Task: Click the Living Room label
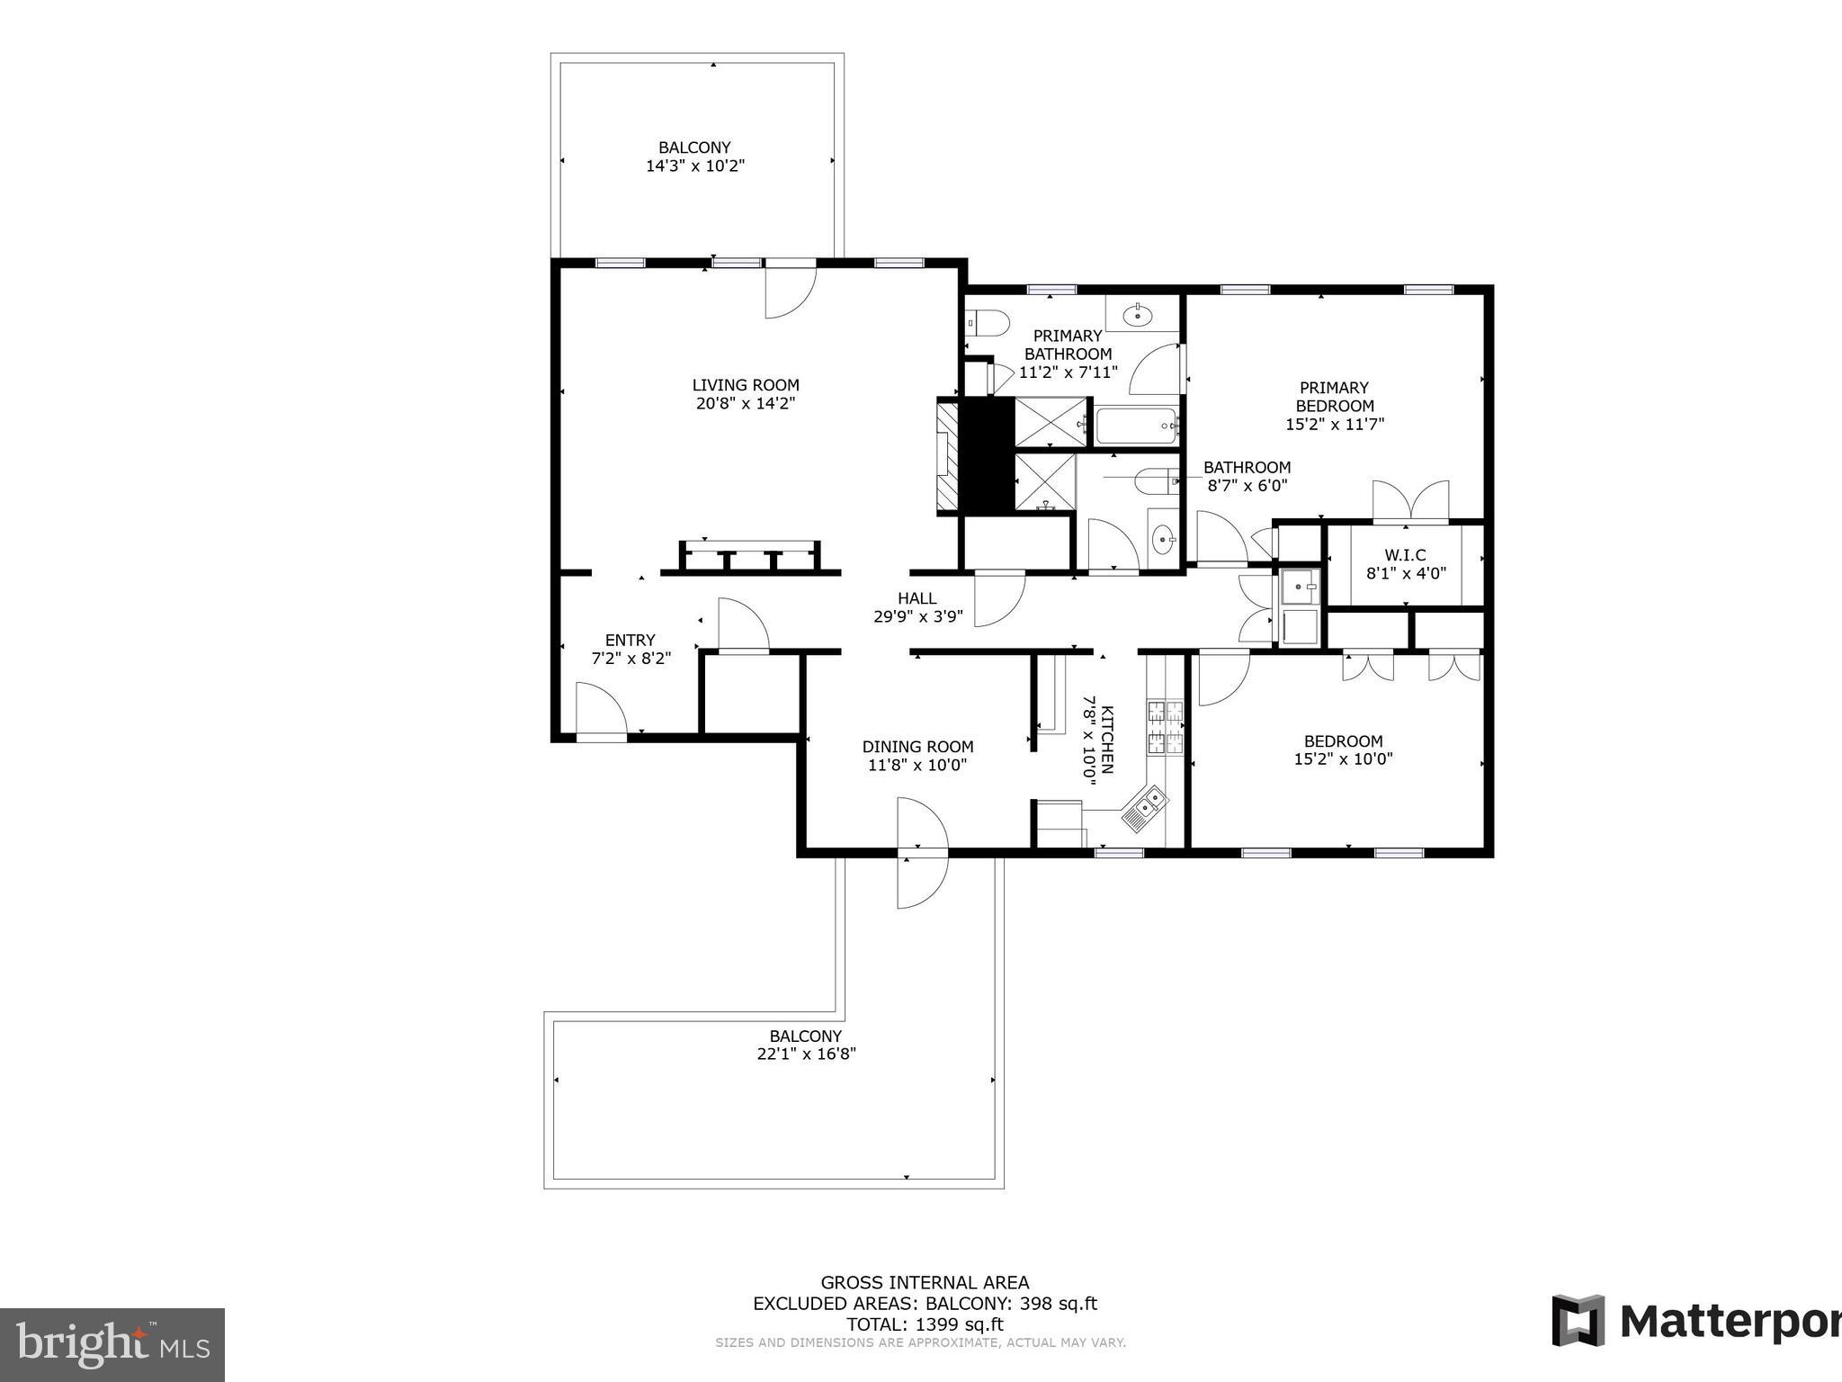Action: coord(745,385)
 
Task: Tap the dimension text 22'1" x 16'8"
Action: coord(806,1054)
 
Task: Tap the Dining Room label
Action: coord(917,747)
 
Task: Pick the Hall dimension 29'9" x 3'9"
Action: coord(917,617)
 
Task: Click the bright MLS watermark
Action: coord(112,1345)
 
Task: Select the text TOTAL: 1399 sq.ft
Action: coord(924,1324)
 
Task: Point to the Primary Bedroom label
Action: coord(1334,397)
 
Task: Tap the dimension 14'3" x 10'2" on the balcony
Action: coord(695,166)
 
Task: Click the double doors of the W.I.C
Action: coord(1410,502)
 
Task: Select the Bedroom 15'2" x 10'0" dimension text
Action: coord(1343,758)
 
